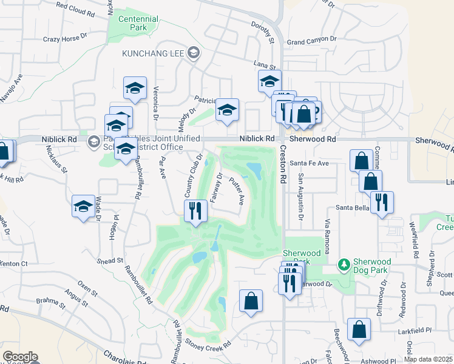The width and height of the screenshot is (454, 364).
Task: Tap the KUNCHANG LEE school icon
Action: (x=194, y=53)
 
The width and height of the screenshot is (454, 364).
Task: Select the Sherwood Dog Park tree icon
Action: (x=344, y=265)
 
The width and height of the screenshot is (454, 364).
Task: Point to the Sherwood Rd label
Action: (x=313, y=139)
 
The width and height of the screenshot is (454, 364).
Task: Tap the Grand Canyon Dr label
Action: (x=311, y=41)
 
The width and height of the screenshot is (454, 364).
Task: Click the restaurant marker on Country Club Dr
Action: (x=195, y=211)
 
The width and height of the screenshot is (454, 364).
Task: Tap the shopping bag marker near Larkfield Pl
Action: (x=359, y=329)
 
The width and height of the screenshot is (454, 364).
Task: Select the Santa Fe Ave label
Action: (x=309, y=163)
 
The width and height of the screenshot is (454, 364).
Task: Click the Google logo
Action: (x=20, y=357)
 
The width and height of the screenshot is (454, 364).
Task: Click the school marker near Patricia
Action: (x=227, y=110)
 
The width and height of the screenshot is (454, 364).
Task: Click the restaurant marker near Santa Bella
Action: (x=382, y=202)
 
